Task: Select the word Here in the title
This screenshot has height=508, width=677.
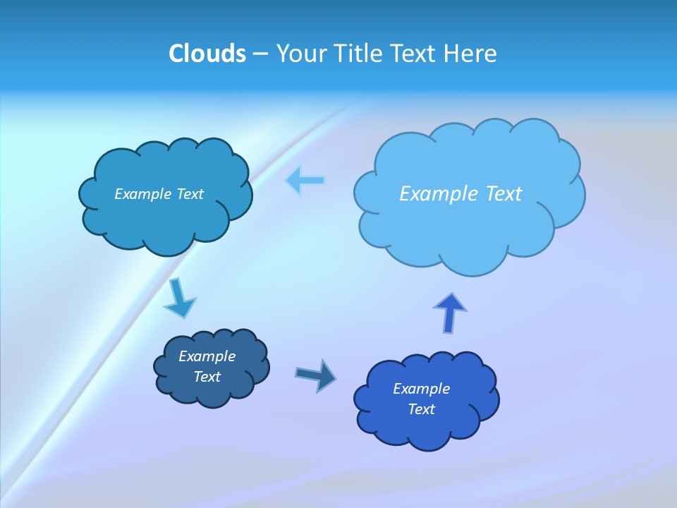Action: click(471, 54)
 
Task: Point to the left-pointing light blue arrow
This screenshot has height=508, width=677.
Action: click(305, 181)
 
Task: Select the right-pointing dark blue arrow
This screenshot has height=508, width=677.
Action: click(316, 375)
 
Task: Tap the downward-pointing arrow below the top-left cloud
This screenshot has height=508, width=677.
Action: click(179, 298)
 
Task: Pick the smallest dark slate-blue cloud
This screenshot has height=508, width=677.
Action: click(211, 367)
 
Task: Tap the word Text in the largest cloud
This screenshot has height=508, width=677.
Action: click(504, 194)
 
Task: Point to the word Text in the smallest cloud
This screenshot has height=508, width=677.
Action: click(207, 377)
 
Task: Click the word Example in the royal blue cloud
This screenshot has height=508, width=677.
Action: click(421, 389)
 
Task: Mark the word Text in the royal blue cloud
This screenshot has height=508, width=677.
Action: click(421, 409)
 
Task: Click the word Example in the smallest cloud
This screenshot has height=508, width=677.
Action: click(207, 356)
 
